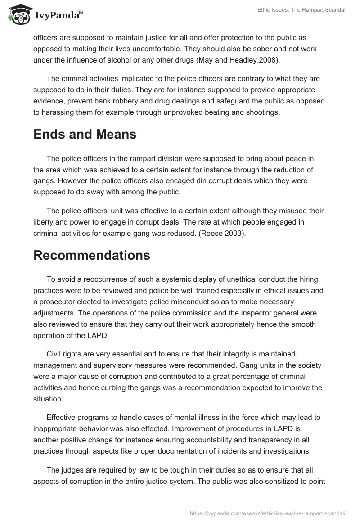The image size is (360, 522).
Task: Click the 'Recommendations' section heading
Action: (x=92, y=255)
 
